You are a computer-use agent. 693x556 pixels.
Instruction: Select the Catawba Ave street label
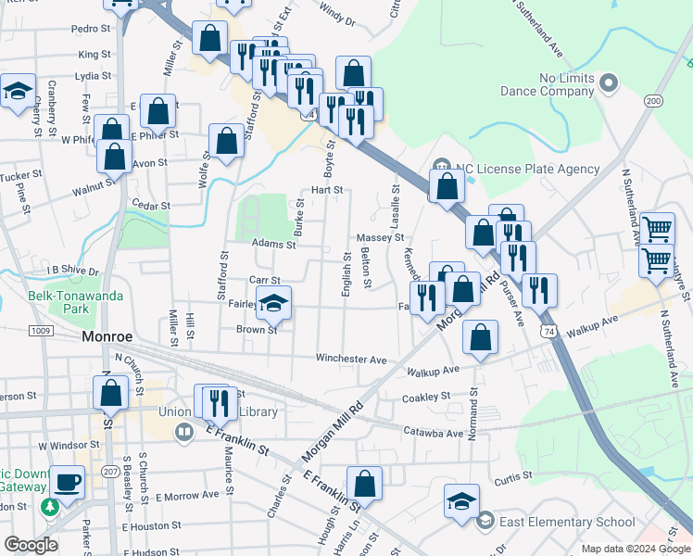coord(434,432)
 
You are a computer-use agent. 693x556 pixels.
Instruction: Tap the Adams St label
coord(272,245)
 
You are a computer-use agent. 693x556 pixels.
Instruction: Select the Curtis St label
coord(510,479)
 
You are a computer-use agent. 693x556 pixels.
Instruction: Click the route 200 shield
coord(654,100)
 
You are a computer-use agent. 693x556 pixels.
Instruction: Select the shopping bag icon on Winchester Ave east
coord(480,339)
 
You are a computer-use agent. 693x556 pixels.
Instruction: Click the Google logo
coord(31,545)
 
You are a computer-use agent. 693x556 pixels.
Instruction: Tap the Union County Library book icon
coord(184,432)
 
